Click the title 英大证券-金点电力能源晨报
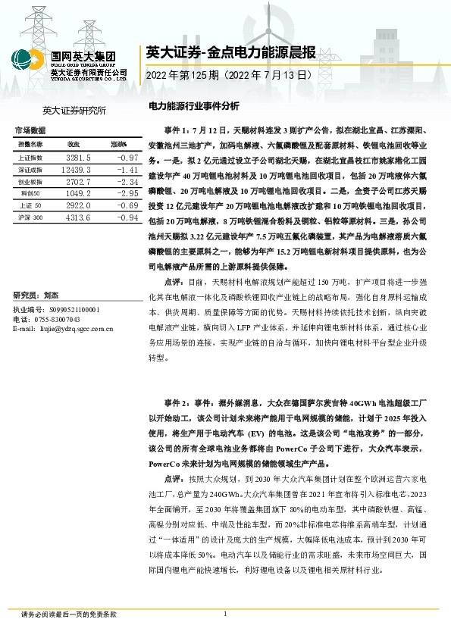click(x=230, y=52)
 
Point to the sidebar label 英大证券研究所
click(x=75, y=111)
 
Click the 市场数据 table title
click(x=31, y=130)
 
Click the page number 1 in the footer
click(x=226, y=614)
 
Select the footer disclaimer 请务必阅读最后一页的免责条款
click(x=58, y=615)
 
